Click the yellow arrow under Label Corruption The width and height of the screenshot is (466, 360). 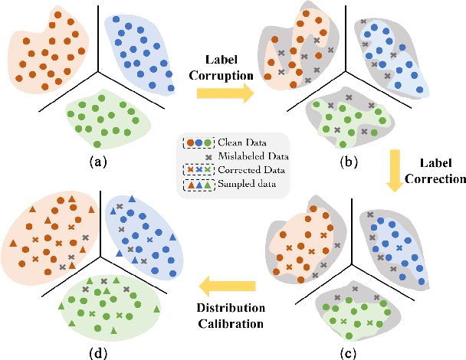(x=223, y=93)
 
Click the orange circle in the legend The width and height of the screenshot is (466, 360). (x=190, y=142)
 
